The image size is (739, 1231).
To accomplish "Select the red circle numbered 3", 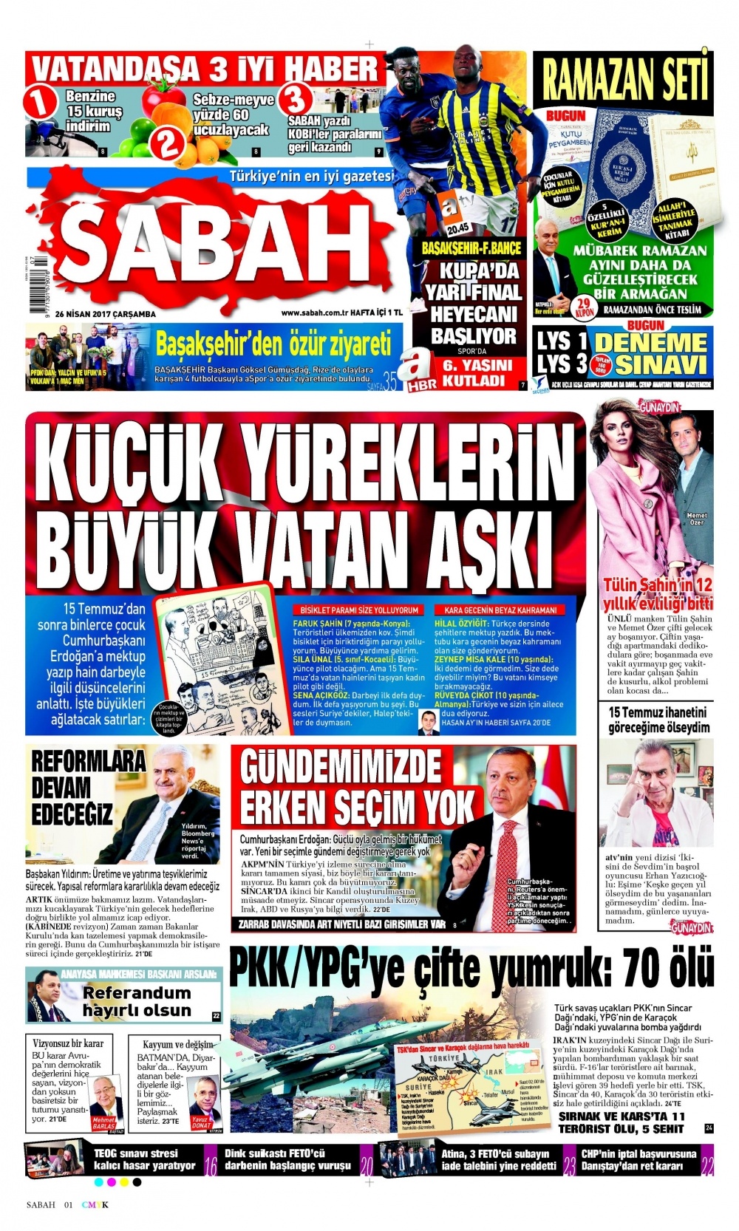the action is click(x=294, y=99).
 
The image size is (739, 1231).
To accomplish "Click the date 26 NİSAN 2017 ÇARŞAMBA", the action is click(x=110, y=314).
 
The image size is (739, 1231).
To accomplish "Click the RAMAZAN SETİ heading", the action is click(x=625, y=78).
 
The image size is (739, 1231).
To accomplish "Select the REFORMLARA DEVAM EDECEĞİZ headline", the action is click(x=72, y=787).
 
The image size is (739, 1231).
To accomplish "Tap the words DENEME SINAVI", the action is click(x=650, y=353).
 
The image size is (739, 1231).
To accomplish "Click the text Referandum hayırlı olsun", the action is click(x=136, y=1001).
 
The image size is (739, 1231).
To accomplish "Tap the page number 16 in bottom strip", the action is click(x=210, y=1161).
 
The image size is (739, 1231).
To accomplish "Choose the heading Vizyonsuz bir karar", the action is click(x=68, y=1043).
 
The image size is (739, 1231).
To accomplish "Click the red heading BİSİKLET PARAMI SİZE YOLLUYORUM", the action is click(x=359, y=610).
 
